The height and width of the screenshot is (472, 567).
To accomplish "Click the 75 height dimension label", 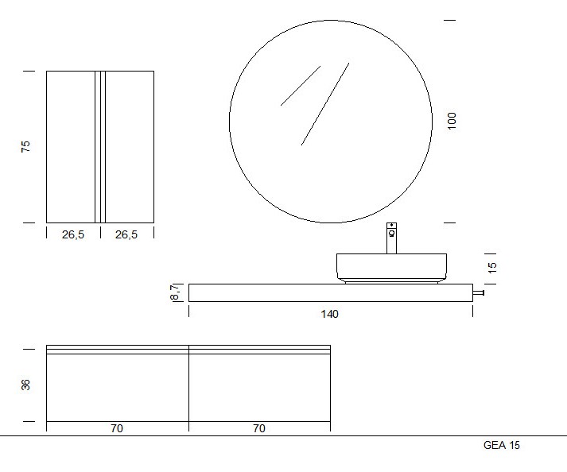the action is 25,146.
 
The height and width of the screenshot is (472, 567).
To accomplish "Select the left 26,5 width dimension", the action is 73,234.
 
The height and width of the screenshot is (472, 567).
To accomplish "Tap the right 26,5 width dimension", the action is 126,234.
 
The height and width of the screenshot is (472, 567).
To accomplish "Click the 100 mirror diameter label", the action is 452,121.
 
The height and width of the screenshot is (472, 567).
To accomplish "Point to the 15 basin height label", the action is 492,268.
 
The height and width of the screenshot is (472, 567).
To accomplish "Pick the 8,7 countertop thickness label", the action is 175,292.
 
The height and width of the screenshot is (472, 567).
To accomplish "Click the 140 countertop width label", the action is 329,314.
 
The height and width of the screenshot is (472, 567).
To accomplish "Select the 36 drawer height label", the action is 25,385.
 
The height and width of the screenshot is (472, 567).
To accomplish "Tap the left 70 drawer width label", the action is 117,428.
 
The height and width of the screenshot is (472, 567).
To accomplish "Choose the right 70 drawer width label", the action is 259,428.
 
